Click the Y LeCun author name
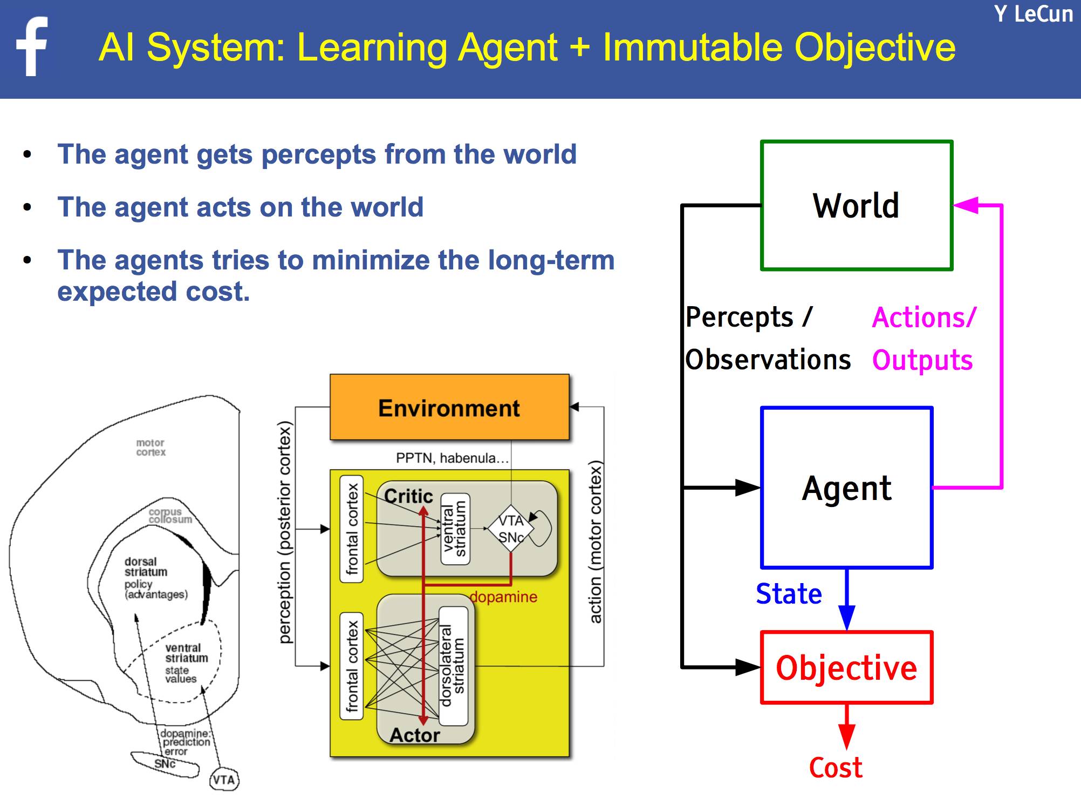[1033, 14]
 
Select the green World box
[856, 206]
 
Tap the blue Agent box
[846, 488]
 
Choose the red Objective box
[846, 668]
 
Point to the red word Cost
[836, 767]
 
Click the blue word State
[789, 594]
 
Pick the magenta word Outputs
[922, 360]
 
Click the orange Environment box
[449, 408]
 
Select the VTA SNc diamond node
[510, 529]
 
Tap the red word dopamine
[504, 597]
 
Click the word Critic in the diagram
[408, 496]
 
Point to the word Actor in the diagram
[414, 735]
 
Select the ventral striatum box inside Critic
[455, 529]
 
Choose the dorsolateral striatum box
[453, 666]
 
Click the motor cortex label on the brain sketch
[150, 448]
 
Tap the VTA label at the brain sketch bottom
[223, 779]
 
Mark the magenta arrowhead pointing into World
[966, 205]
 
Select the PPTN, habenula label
[452, 458]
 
